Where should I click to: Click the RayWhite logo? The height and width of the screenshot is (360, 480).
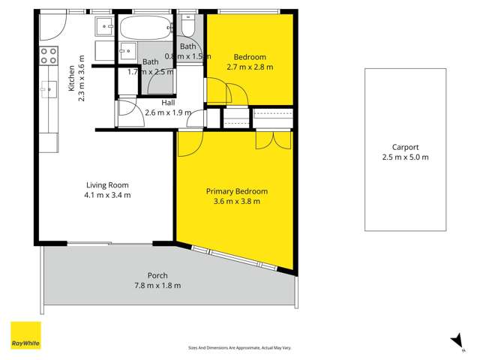(x=25, y=336)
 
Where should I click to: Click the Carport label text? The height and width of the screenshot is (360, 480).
(x=405, y=147)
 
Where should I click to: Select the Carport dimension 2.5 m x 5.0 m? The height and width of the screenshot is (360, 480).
(x=405, y=157)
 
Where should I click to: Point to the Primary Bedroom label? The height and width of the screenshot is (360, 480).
(x=236, y=191)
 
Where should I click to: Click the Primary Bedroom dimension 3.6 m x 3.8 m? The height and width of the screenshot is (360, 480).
(x=236, y=201)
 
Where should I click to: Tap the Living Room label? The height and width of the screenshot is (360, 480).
(x=108, y=185)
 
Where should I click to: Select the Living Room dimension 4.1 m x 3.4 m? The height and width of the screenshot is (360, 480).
(x=108, y=195)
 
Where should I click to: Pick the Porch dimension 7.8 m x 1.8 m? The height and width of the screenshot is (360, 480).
(x=157, y=285)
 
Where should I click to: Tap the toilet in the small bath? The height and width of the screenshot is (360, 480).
(x=187, y=27)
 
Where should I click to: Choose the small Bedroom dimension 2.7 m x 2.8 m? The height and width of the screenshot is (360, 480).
(x=250, y=67)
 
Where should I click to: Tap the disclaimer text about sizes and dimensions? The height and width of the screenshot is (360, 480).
(x=238, y=348)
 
